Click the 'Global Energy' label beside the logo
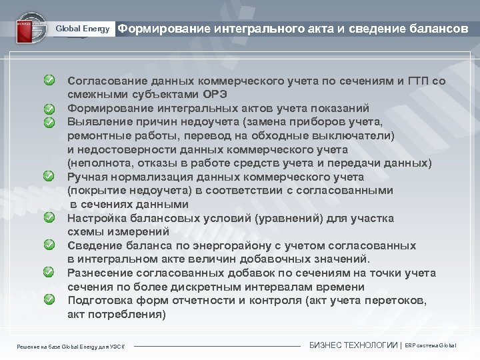pos(83,29)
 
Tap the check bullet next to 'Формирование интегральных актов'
pos(50,109)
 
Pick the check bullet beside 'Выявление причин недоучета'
pos(50,122)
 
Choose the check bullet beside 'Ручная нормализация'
pos(50,177)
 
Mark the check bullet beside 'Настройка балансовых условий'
pos(50,218)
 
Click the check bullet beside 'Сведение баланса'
pos(50,245)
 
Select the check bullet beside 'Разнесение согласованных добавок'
pos(50,273)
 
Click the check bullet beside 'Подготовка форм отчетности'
pos(50,300)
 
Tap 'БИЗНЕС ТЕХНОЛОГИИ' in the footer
pos(353,345)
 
